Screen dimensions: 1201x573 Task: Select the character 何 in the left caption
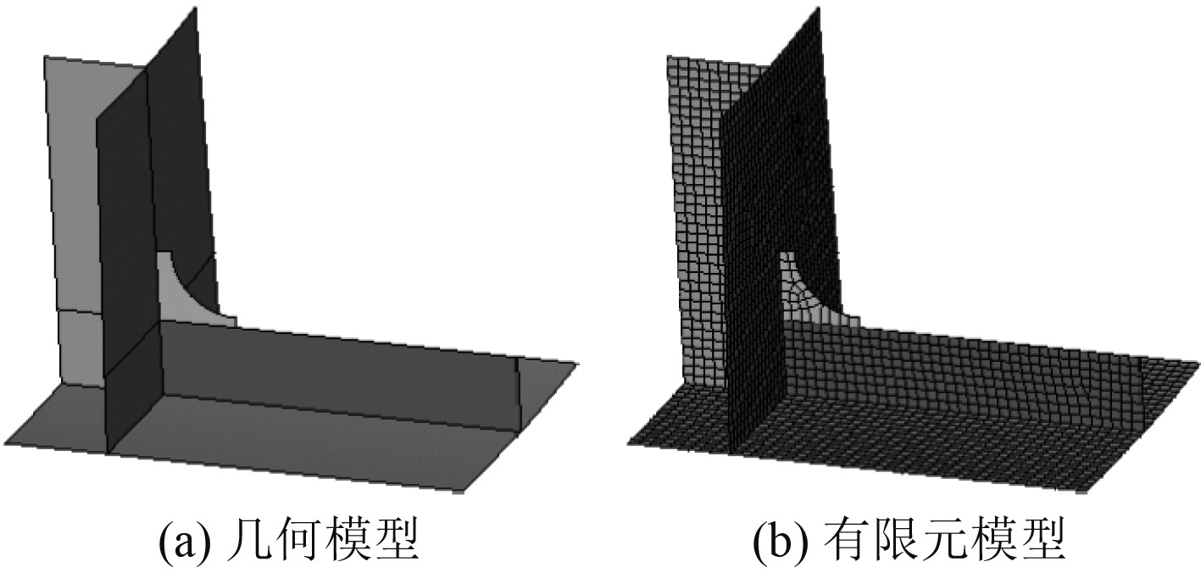point(306,541)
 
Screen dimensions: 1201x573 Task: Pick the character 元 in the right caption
point(956,541)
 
